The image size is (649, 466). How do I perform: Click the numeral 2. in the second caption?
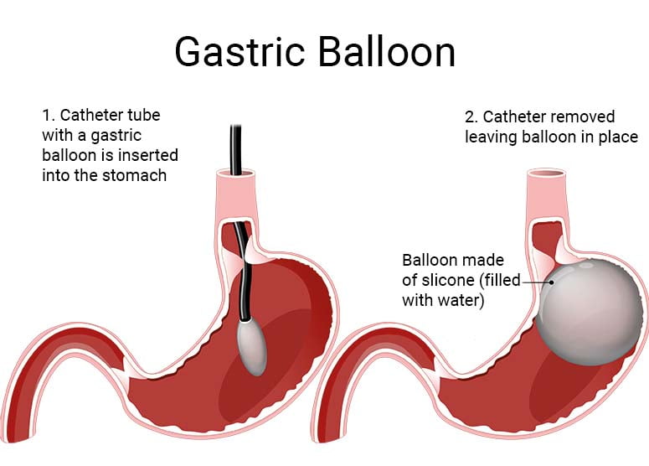(x=471, y=116)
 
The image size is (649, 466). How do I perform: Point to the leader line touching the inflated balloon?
(x=533, y=282)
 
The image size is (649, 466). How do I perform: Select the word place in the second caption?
(x=618, y=136)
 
